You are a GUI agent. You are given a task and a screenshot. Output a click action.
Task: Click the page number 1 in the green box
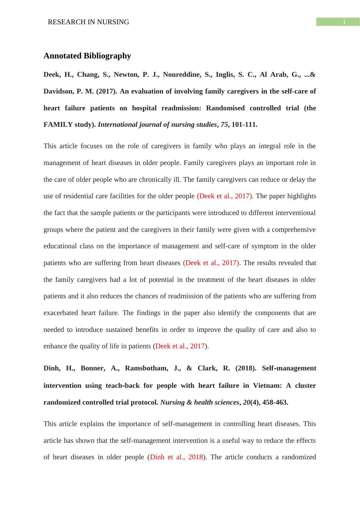coord(344,22)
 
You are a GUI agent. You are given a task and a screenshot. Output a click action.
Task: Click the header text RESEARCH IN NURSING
coord(88,22)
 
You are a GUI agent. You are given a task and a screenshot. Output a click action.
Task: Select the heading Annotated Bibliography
coord(87,56)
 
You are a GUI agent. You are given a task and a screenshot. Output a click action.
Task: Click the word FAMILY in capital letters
coord(54,125)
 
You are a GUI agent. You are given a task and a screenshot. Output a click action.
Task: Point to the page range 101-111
coord(244,125)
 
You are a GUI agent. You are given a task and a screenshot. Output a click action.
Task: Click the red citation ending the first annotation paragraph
coord(180,346)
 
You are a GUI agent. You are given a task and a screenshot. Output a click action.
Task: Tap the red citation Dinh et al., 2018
coord(176,457)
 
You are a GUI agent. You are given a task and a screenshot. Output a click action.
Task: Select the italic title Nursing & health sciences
coord(199,402)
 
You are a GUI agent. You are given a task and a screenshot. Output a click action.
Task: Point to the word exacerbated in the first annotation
coord(61,313)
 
